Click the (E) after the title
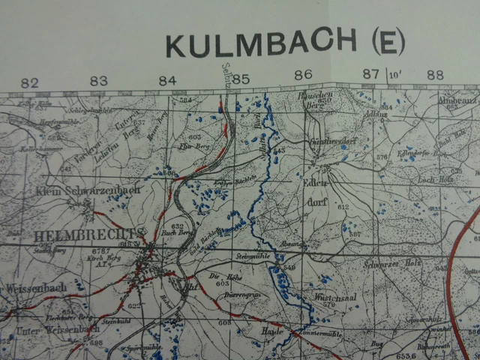pyautogui.click(x=388, y=43)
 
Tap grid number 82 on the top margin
pyautogui.click(x=30, y=82)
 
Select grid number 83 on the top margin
pyautogui.click(x=98, y=82)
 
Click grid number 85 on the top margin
pyautogui.click(x=240, y=78)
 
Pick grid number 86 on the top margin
pyautogui.click(x=303, y=75)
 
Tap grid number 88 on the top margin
pyautogui.click(x=435, y=75)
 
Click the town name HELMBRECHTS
pyautogui.click(x=73, y=232)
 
